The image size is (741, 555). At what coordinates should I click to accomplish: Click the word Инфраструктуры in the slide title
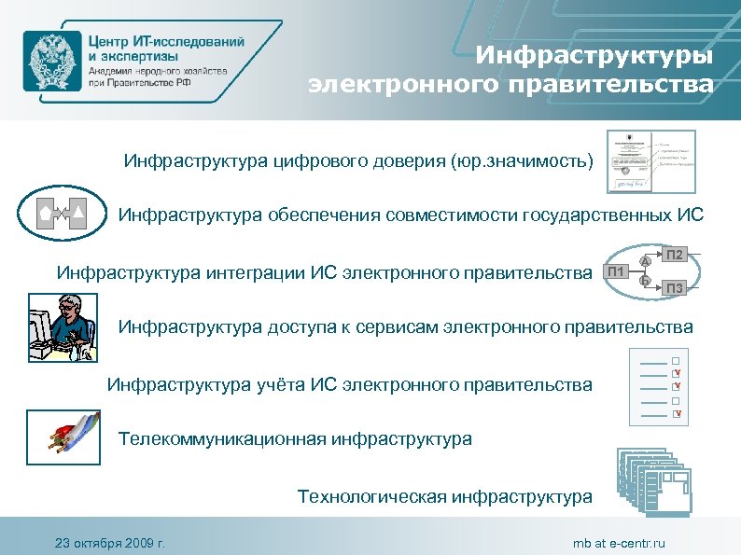click(594, 55)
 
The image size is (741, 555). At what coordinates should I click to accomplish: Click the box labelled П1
click(615, 272)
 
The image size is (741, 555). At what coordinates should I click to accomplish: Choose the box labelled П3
click(676, 288)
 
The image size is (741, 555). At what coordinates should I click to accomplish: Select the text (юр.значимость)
click(521, 162)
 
